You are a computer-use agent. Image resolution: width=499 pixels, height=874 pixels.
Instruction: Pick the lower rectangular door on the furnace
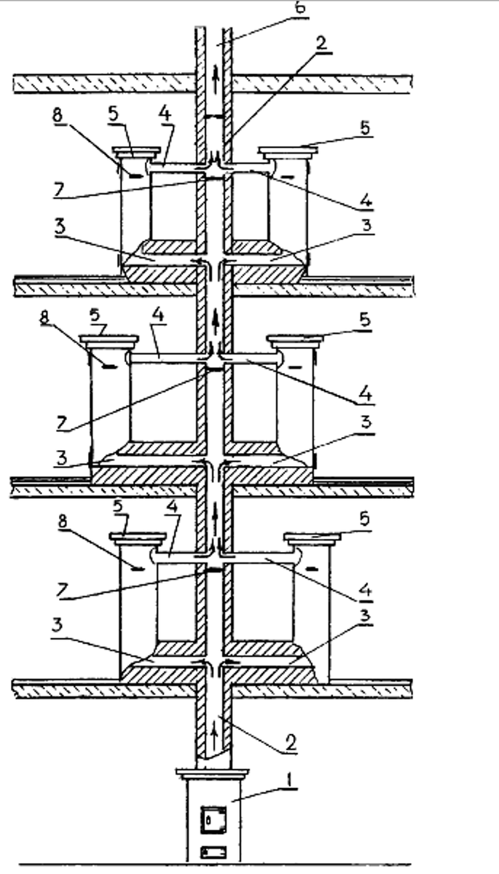tap(213, 851)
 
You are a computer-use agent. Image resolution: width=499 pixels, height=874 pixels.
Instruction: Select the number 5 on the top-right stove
tap(364, 126)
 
